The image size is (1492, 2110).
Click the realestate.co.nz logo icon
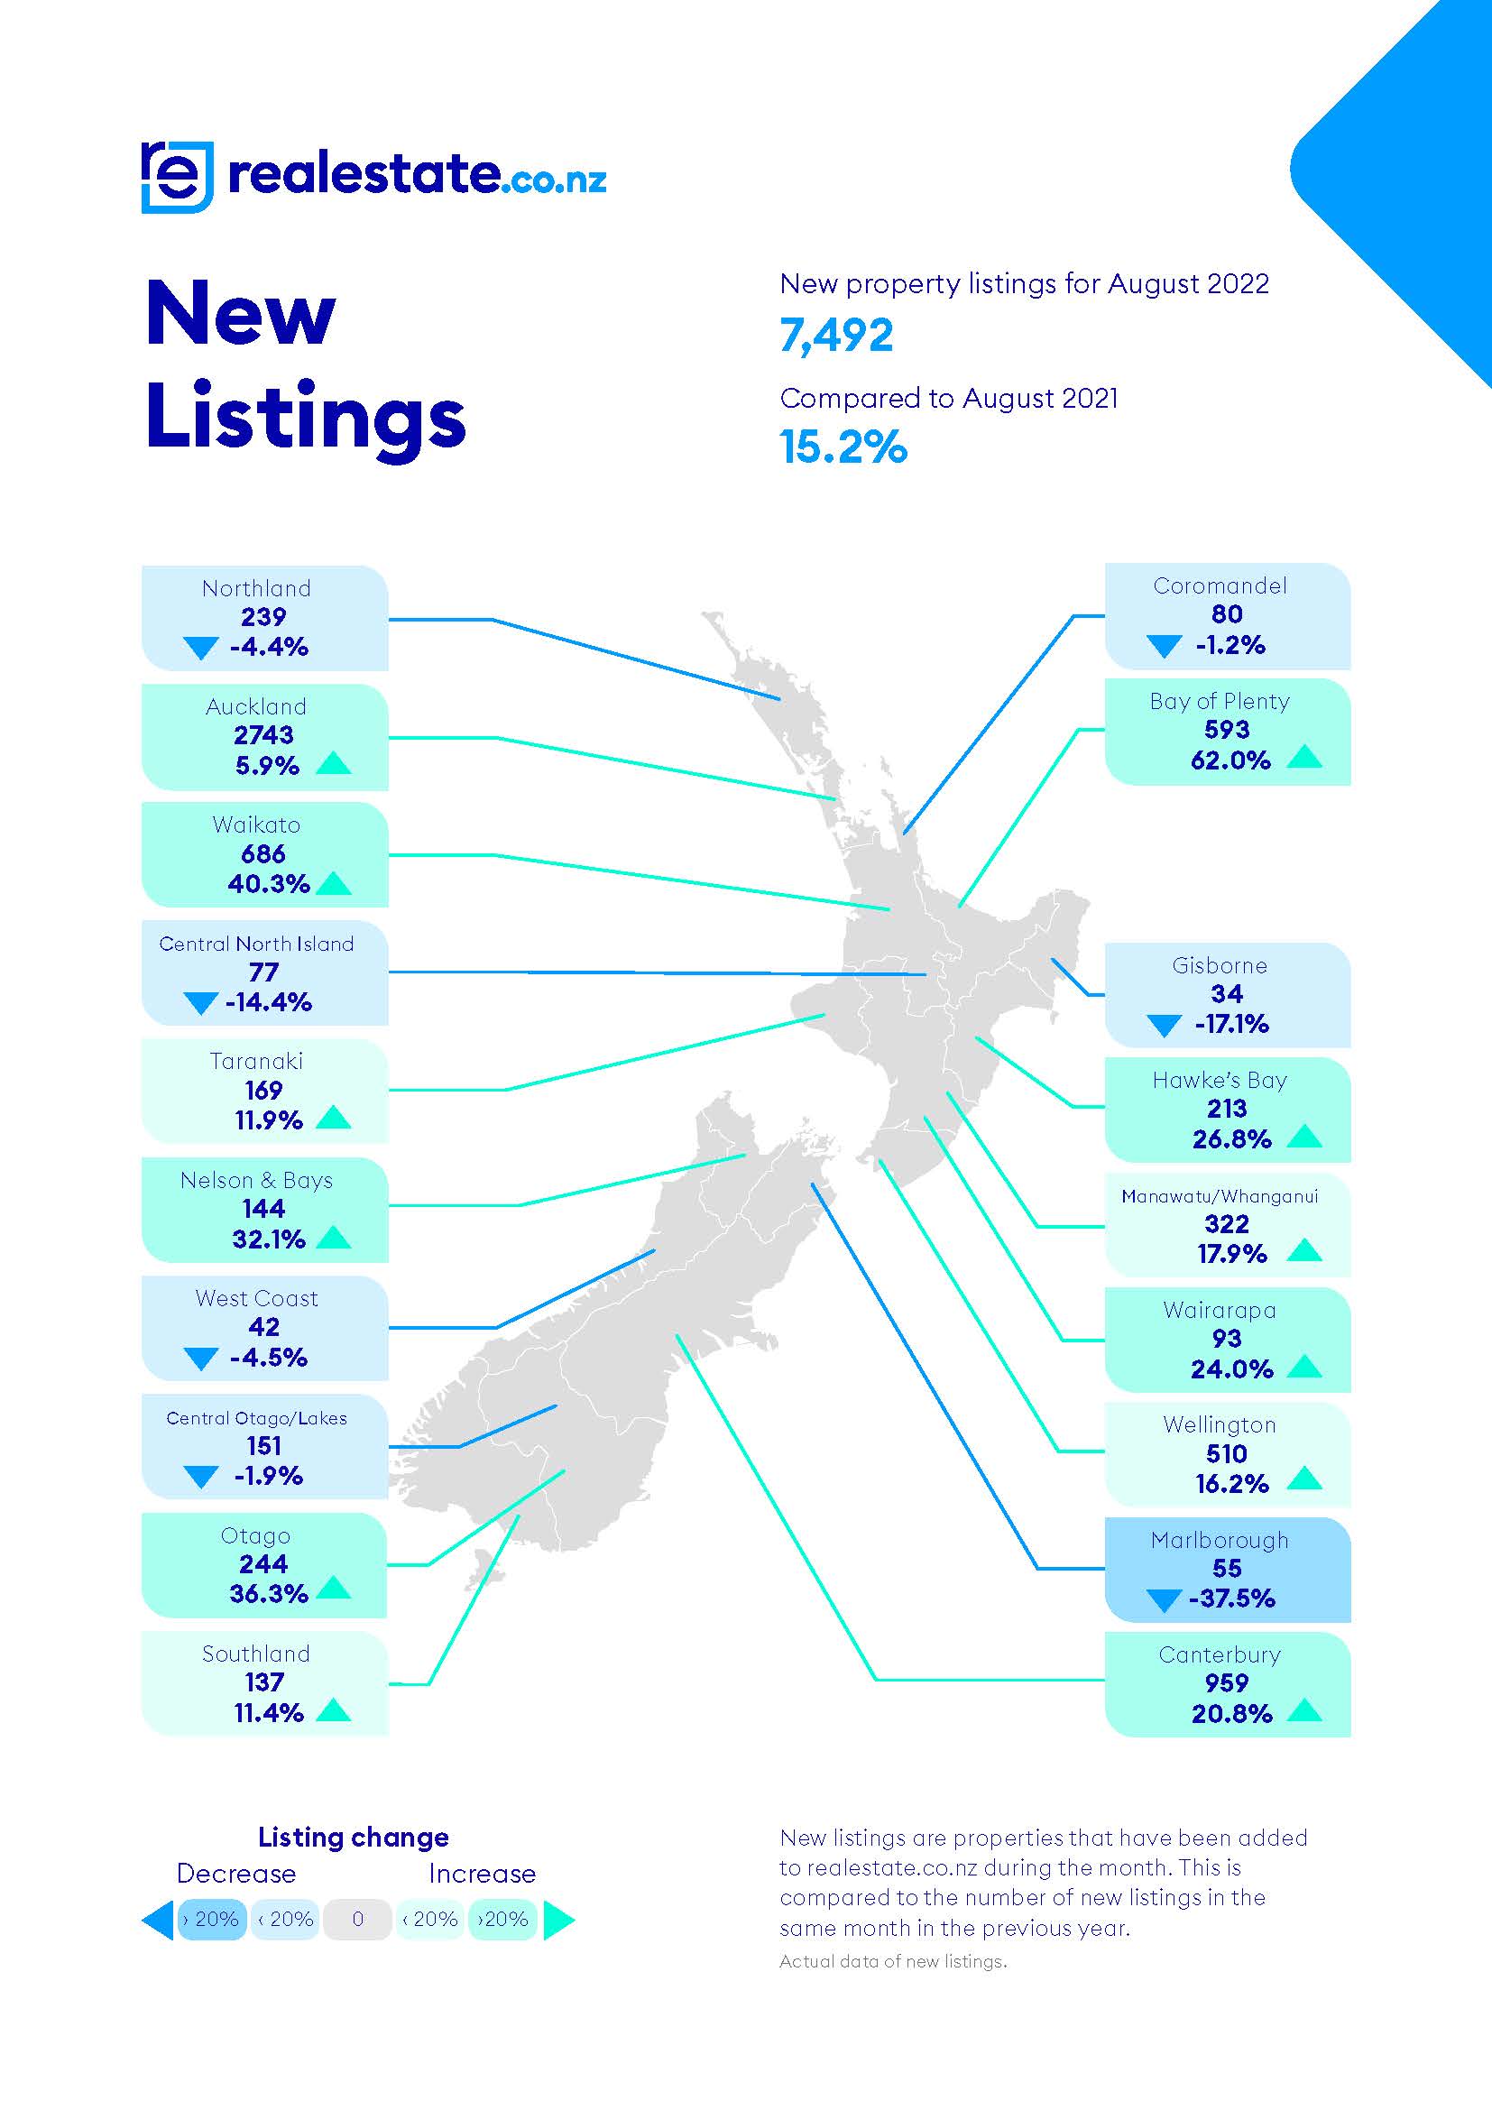pos(178,177)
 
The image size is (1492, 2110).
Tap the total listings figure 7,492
pos(836,336)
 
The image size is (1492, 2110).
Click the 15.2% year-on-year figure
pos(843,447)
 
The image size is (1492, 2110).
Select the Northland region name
pos(256,588)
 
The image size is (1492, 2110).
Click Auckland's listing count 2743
pos(263,735)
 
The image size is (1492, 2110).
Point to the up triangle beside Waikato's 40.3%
pos(334,884)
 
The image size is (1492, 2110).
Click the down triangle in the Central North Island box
pos(200,1002)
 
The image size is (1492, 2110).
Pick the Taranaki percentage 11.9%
pos(268,1120)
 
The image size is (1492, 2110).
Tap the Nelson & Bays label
pos(256,1180)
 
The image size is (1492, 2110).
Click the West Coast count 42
pos(263,1327)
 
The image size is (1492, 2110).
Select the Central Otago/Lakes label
pos(256,1418)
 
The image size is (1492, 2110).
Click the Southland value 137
pos(263,1682)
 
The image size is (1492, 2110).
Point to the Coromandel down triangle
pos(1164,646)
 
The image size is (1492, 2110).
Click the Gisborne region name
pos(1220,965)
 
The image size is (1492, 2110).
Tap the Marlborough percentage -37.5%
pos(1231,1599)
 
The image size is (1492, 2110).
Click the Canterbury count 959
pos(1227,1682)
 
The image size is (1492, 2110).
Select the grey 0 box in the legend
pos(357,1919)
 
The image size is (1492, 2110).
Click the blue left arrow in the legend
pos(158,1920)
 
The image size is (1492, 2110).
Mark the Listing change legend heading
pos(353,1837)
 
